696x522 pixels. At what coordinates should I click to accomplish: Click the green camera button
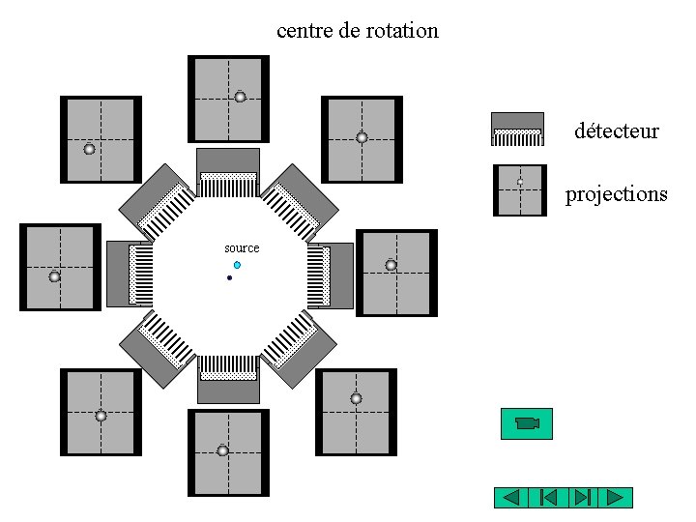[526, 423]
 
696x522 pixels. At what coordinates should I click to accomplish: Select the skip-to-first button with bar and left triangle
[546, 498]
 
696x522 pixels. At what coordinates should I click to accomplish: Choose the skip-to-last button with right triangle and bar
[581, 498]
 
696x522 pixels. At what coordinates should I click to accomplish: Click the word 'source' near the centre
[242, 248]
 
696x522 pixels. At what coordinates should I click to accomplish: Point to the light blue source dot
[237, 265]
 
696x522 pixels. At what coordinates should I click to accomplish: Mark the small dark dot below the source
[229, 278]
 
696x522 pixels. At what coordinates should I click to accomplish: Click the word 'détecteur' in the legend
[616, 130]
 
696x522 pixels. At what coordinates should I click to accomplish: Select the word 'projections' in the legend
[616, 194]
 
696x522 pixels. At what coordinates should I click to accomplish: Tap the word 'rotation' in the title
[402, 30]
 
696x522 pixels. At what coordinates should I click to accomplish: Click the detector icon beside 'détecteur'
[517, 130]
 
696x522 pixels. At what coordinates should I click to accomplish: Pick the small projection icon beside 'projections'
[519, 189]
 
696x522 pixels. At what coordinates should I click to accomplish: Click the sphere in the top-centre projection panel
[240, 97]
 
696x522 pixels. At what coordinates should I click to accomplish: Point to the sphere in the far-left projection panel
[54, 276]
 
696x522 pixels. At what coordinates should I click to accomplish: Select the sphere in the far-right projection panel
[391, 265]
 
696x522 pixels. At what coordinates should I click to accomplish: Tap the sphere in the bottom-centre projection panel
[222, 450]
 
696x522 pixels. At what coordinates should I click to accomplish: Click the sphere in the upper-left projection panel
[89, 149]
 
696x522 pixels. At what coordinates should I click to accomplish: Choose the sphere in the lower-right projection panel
[356, 398]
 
